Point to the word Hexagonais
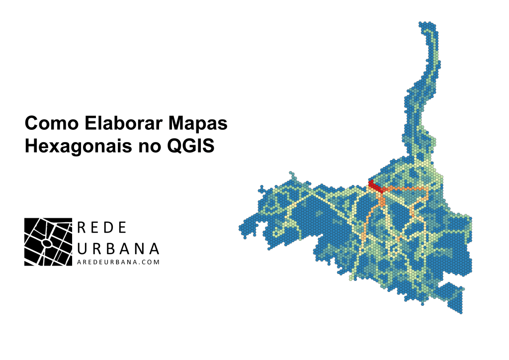75,147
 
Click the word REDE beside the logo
102,227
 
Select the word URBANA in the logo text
119,248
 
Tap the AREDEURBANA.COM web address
119,262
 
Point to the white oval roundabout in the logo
46,243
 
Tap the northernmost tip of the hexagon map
426,23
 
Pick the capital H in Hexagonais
31,147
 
